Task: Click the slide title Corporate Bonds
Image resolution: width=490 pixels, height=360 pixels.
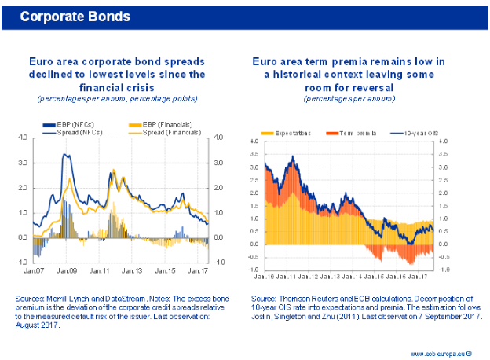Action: click(x=75, y=16)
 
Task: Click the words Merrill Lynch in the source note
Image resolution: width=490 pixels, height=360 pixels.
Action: click(x=68, y=299)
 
